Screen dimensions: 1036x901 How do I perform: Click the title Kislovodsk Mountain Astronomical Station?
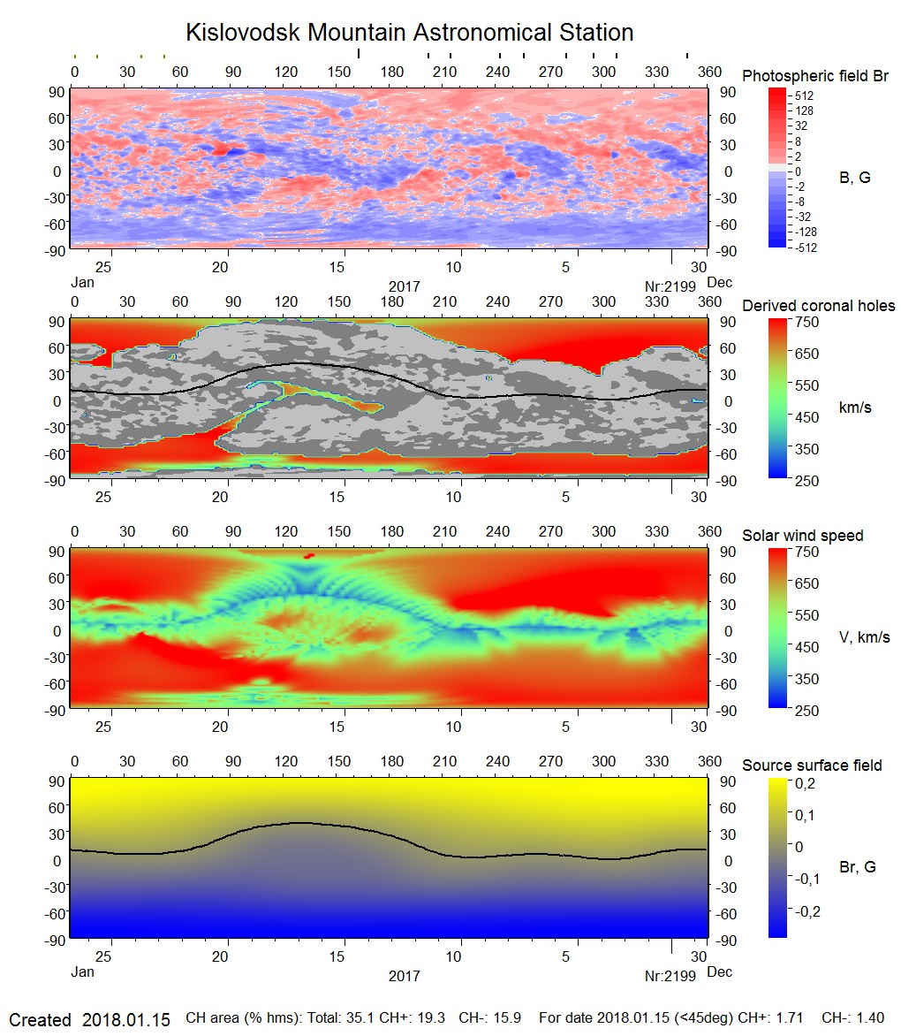pyautogui.click(x=409, y=33)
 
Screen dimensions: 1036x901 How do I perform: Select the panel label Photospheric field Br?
pyautogui.click(x=815, y=76)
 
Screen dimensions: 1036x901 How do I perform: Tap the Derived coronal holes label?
pyautogui.click(x=818, y=306)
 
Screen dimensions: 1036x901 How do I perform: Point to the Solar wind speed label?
pyautogui.click(x=803, y=536)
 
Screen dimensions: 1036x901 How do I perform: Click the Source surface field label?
pyautogui.click(x=812, y=765)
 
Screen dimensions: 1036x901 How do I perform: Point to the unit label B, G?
pyautogui.click(x=854, y=178)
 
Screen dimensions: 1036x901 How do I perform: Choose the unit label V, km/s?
pyautogui.click(x=864, y=637)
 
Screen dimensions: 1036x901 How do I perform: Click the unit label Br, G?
pyautogui.click(x=857, y=867)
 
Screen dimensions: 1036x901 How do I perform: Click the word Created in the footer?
pyautogui.click(x=40, y=1019)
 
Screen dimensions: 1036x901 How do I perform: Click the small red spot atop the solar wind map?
pyautogui.click(x=308, y=556)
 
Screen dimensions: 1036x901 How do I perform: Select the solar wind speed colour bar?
pyautogui.click(x=777, y=629)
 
